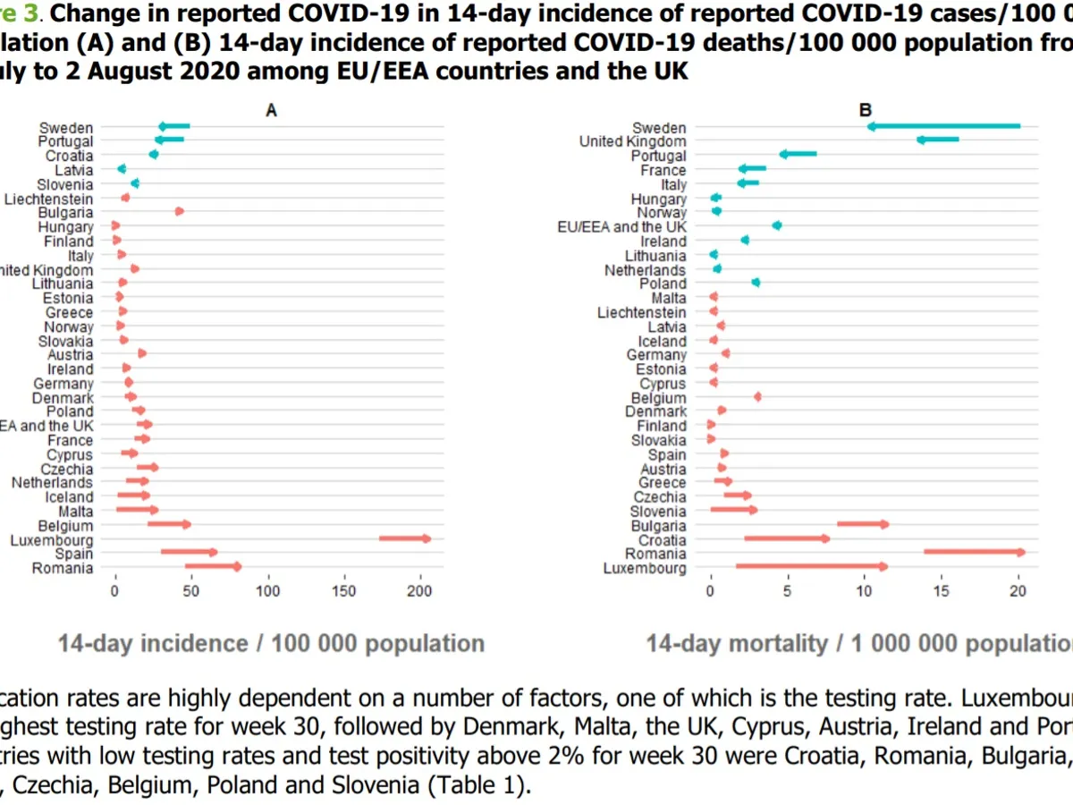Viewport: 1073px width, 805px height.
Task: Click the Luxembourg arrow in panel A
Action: [405, 538]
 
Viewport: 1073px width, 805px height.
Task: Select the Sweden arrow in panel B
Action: [943, 126]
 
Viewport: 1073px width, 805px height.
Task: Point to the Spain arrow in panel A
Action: [189, 552]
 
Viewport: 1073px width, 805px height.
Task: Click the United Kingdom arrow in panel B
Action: [937, 140]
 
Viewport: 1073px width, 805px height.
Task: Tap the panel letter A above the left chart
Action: [272, 110]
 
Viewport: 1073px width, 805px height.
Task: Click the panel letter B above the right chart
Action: [866, 110]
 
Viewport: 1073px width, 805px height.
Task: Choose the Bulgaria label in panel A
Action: [65, 212]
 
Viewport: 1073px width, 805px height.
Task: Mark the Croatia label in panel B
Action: [663, 539]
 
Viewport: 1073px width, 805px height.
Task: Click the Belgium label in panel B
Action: [659, 397]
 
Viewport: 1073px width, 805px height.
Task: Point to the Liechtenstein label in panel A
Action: [48, 198]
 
